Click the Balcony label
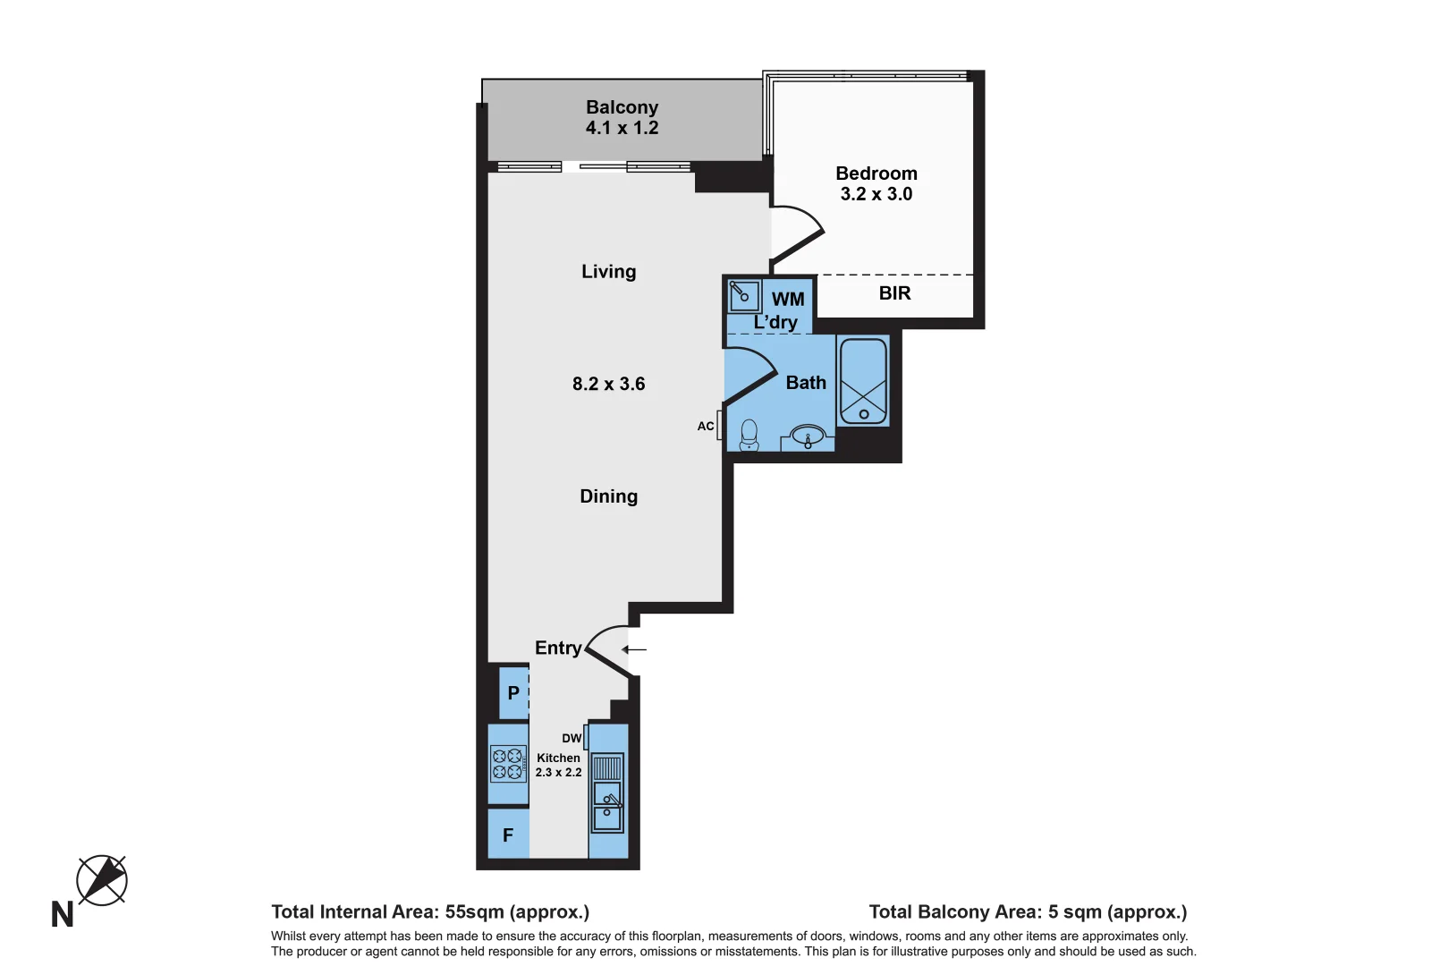(x=622, y=107)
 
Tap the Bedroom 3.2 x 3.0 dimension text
(x=876, y=194)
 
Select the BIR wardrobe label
(x=894, y=293)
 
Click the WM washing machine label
(x=788, y=300)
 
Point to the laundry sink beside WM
(x=743, y=294)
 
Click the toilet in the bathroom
(x=749, y=436)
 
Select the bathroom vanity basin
(x=808, y=437)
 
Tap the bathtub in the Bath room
(x=863, y=381)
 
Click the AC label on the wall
(x=706, y=427)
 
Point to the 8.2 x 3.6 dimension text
(x=608, y=384)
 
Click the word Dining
(x=608, y=496)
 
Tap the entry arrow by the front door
(x=634, y=649)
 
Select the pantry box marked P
(x=513, y=693)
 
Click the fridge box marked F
(x=508, y=835)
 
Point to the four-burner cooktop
(x=508, y=764)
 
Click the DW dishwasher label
(x=572, y=739)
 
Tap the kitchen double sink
(x=607, y=809)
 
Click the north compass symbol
(x=101, y=880)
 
